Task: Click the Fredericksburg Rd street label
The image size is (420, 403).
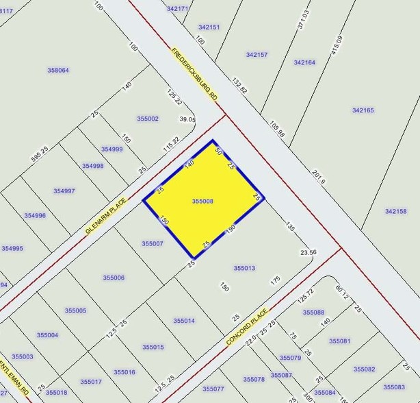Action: tap(195, 75)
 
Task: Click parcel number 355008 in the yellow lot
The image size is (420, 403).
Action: tap(203, 201)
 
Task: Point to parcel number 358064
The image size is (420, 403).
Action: tap(58, 70)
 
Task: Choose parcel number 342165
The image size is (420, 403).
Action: tap(363, 110)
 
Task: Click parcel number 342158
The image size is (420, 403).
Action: tap(395, 212)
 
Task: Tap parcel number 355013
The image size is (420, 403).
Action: tap(244, 268)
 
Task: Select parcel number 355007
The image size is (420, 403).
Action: tap(152, 243)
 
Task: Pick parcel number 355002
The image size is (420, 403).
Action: tap(147, 119)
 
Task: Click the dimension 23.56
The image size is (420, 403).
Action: tap(309, 252)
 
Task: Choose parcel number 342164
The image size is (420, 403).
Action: tap(304, 62)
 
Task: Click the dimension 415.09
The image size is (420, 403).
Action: tap(336, 46)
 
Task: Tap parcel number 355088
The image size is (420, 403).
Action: tap(313, 313)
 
